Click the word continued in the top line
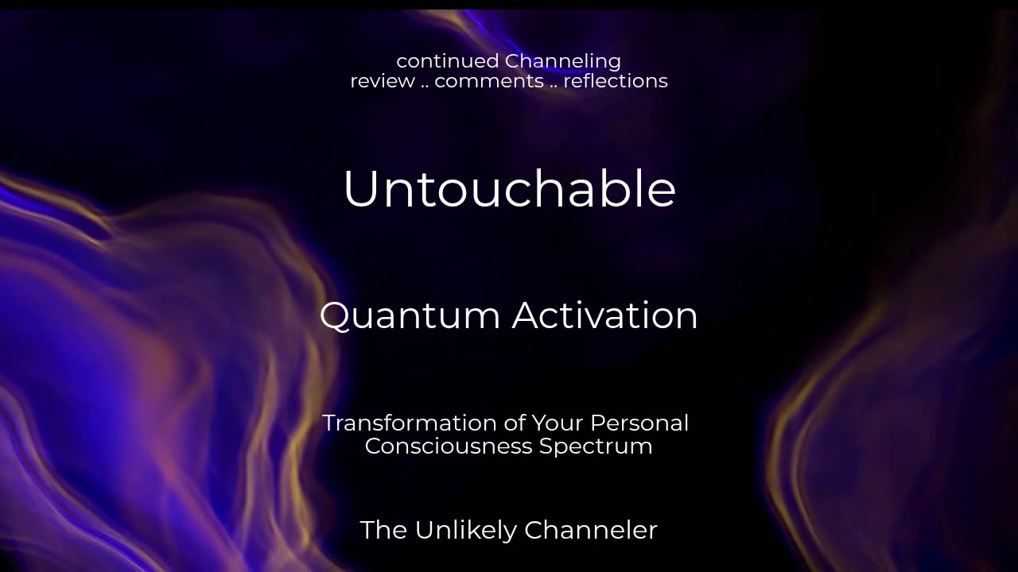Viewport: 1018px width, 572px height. [x=447, y=61]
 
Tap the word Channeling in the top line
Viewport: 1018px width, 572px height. [x=562, y=62]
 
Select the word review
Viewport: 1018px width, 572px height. [x=383, y=81]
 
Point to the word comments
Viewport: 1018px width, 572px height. [x=489, y=82]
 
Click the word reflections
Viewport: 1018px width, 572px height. [x=616, y=81]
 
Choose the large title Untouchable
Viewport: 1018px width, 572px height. [x=510, y=188]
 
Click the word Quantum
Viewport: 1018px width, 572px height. [x=410, y=316]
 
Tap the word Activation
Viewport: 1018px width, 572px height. [x=604, y=315]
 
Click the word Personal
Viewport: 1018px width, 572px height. [x=639, y=423]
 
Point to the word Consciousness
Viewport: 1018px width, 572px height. [x=448, y=446]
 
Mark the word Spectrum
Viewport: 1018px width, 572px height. [x=596, y=447]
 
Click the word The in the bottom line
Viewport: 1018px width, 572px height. [x=383, y=530]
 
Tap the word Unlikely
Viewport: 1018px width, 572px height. [x=466, y=531]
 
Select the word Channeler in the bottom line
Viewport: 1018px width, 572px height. [x=591, y=530]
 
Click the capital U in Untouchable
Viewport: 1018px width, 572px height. [x=361, y=188]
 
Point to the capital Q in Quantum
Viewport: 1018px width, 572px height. [x=336, y=317]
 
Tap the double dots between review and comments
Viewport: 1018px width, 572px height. [x=425, y=87]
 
